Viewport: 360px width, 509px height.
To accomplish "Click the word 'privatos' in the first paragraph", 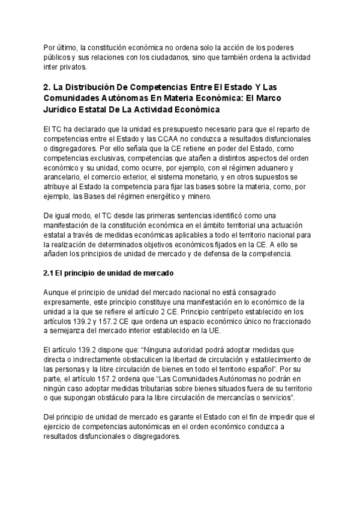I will point(71,67).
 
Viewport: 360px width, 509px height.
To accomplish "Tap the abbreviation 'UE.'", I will point(227,331).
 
